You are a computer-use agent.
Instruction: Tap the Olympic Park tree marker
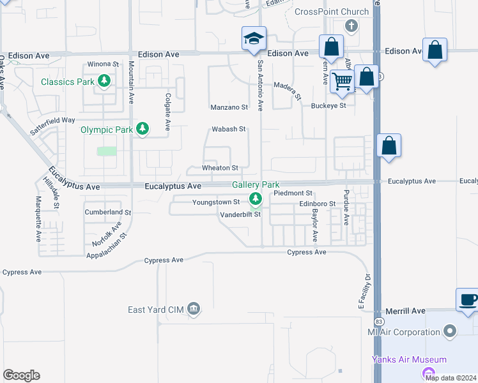pyautogui.click(x=143, y=130)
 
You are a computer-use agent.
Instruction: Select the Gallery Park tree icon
pyautogui.click(x=256, y=199)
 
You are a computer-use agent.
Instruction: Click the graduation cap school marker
pyautogui.click(x=254, y=39)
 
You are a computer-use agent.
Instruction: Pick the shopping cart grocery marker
pyautogui.click(x=343, y=81)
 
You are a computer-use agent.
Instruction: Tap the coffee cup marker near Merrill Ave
pyautogui.click(x=468, y=300)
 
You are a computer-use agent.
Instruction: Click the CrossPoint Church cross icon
pyautogui.click(x=350, y=27)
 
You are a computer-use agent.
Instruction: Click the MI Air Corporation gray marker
pyautogui.click(x=450, y=332)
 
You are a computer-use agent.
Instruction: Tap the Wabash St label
pyautogui.click(x=229, y=130)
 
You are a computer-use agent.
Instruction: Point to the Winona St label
pyautogui.click(x=103, y=64)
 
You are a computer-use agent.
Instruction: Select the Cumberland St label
pyautogui.click(x=107, y=212)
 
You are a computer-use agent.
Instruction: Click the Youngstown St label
pyautogui.click(x=216, y=202)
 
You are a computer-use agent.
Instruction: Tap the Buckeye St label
pyautogui.click(x=328, y=106)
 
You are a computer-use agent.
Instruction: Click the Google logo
pyautogui.click(x=21, y=375)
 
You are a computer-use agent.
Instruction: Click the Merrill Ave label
pyautogui.click(x=409, y=311)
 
